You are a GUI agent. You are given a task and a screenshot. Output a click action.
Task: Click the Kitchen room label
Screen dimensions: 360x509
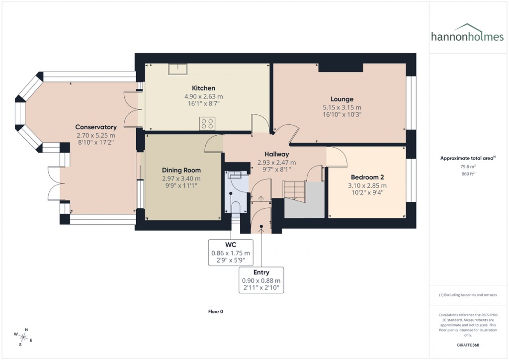coord(204,88)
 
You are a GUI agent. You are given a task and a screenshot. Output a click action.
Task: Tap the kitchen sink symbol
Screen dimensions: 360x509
coord(175,69)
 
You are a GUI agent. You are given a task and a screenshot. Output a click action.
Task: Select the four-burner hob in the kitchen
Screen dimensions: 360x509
coord(207,123)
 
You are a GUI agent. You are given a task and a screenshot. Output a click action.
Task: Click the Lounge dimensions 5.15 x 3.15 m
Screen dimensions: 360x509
coord(341,107)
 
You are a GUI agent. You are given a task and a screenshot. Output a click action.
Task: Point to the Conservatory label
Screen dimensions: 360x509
coord(96,127)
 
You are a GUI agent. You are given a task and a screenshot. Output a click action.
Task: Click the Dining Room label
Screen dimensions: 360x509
coord(181,170)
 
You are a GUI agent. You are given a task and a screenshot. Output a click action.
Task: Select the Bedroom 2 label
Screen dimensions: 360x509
coord(367,177)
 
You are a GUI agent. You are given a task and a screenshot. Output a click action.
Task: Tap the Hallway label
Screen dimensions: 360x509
coord(276,154)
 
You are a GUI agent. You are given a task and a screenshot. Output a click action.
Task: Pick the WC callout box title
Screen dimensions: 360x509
coord(231,244)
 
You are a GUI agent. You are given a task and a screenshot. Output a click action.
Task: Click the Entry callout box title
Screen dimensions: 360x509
coord(261,272)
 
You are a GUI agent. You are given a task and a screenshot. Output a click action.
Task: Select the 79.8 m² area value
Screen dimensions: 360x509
coord(468,167)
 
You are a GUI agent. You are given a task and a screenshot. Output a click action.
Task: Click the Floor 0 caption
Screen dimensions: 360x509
coord(215,311)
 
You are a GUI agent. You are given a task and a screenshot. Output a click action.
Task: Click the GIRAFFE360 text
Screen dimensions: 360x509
coord(468,345)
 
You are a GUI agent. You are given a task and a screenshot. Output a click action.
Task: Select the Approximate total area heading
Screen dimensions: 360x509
coord(467,158)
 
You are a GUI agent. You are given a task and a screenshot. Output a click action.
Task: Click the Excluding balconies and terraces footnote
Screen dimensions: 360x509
coord(468,295)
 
